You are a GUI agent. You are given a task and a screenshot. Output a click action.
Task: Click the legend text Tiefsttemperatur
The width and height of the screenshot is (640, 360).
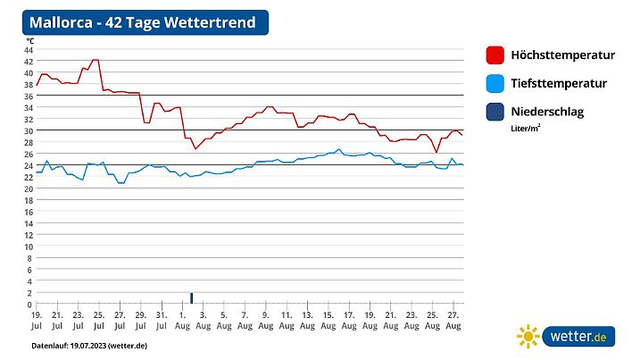[x=559, y=84]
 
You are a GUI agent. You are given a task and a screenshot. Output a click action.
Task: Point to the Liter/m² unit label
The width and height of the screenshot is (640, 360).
[x=527, y=129]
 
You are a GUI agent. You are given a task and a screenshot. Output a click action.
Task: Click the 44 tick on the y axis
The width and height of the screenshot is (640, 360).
[x=29, y=49]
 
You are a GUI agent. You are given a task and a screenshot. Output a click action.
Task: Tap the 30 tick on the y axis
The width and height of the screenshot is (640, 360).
[x=29, y=130]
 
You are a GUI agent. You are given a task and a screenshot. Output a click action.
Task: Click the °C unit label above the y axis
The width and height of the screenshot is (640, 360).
[x=29, y=40]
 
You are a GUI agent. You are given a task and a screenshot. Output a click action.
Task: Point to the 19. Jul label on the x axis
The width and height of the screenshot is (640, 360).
[x=37, y=320]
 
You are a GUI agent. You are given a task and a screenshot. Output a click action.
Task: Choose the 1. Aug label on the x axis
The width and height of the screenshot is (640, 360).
[x=182, y=320]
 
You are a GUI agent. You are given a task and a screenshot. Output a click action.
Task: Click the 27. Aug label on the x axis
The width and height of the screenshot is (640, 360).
[x=453, y=320]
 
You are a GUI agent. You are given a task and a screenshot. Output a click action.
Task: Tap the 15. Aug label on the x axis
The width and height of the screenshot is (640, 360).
[x=328, y=320]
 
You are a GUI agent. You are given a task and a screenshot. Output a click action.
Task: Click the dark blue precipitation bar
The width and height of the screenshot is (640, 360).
[x=191, y=298]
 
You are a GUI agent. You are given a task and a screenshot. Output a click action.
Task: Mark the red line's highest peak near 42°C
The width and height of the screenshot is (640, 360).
[x=95, y=60]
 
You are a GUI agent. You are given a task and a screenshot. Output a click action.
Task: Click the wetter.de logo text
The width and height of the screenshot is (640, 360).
[x=578, y=337]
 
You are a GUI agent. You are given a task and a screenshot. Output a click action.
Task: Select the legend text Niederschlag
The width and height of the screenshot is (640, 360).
[x=549, y=113]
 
